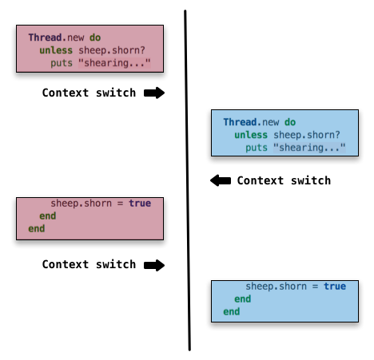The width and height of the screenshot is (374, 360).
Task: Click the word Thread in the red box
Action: point(45,38)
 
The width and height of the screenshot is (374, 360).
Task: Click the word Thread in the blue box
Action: point(240,122)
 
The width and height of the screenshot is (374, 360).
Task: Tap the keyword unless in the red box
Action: point(56,50)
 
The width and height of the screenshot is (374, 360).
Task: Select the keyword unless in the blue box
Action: point(251,135)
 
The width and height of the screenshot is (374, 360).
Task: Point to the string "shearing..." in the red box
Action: point(114,63)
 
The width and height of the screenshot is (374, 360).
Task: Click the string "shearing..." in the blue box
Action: point(309,148)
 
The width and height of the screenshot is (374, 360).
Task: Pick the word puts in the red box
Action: point(62,64)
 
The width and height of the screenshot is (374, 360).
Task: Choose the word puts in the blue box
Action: point(257,148)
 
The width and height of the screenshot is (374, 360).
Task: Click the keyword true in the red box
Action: point(140,204)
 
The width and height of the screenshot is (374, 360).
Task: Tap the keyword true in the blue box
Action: point(335,287)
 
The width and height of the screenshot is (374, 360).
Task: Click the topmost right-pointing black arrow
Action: point(154,93)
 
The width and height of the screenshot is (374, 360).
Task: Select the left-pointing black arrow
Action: point(221,180)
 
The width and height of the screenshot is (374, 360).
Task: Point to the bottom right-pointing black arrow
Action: point(154,265)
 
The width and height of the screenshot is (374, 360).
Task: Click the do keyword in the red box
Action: point(95,38)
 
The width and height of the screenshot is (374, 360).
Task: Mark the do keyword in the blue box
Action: point(290,122)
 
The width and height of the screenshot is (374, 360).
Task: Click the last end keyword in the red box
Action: point(37,228)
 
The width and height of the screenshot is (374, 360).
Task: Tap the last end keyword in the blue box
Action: point(232,311)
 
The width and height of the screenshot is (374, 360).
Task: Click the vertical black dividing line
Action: point(187,180)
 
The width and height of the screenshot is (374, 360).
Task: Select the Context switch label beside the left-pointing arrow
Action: point(284,180)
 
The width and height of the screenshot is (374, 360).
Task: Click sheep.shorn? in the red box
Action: point(112,50)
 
